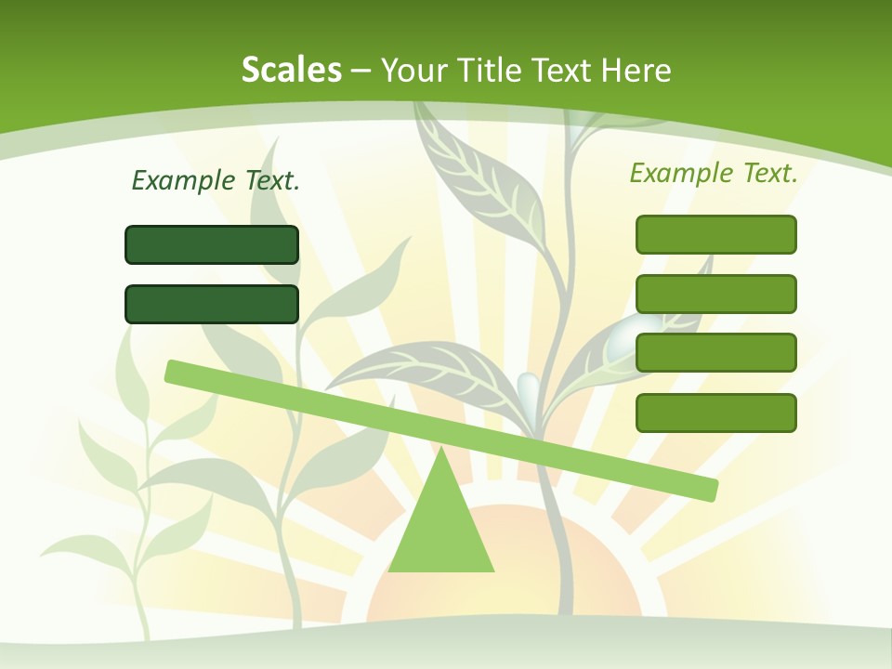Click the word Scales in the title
291,70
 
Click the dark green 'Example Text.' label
216,180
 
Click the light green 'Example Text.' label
714,173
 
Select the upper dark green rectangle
212,244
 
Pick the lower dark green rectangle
212,304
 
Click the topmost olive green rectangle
715,234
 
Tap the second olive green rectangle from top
715,294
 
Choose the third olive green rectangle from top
715,353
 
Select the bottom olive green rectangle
715,413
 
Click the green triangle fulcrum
441,530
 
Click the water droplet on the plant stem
528,388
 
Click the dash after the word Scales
361,71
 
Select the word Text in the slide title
567,70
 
